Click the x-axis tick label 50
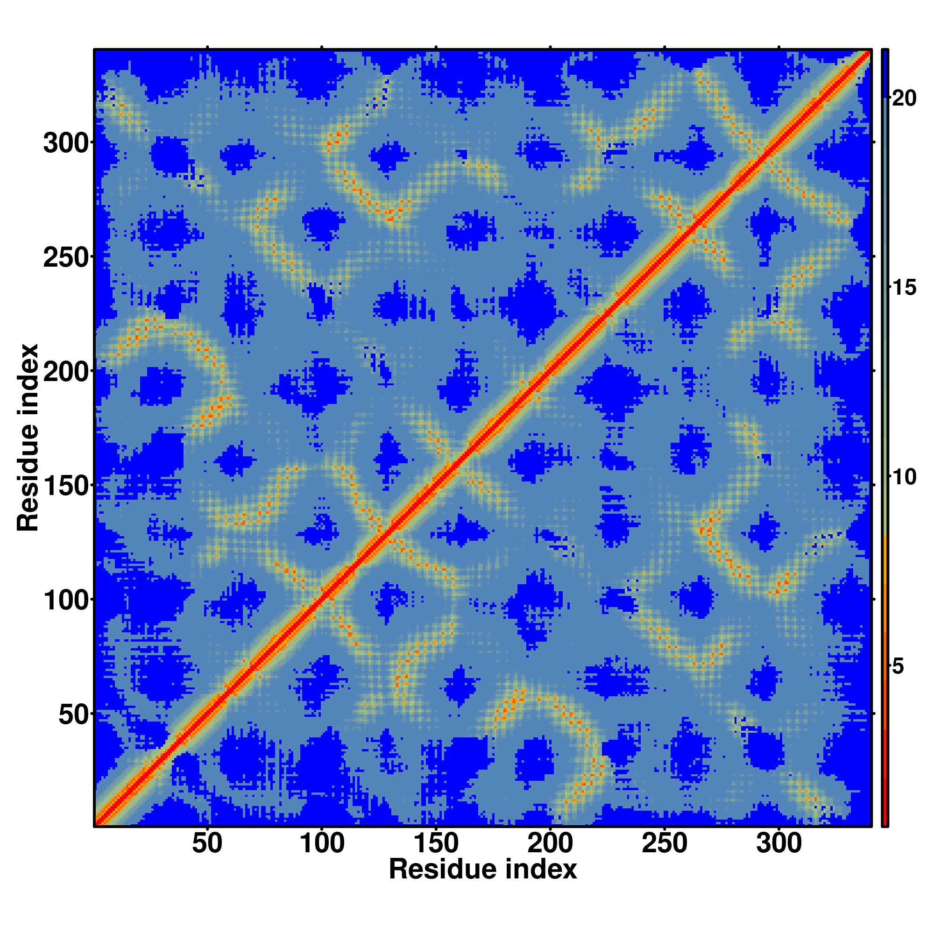[207, 844]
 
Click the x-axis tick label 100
[321, 844]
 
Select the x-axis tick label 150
[436, 844]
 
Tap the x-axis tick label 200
[550, 844]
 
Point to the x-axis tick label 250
[664, 844]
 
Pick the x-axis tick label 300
[778, 844]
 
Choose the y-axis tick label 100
[67, 600]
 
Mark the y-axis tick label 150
[67, 485]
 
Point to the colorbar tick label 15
[904, 288]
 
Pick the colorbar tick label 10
[904, 478]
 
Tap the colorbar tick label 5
[898, 667]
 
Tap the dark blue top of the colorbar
[884, 68]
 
